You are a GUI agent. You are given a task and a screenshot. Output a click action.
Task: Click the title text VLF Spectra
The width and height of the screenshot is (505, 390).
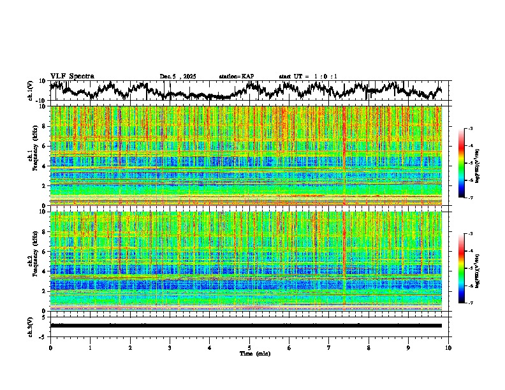(x=72, y=76)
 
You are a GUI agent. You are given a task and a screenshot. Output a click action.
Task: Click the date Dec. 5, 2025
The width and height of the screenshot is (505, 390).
(x=178, y=76)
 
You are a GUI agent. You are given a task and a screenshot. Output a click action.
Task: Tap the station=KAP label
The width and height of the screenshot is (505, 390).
(x=237, y=76)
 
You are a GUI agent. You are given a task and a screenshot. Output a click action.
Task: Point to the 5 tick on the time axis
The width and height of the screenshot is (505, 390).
(x=249, y=348)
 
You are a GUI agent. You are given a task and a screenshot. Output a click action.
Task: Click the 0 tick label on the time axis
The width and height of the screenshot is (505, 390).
(x=50, y=348)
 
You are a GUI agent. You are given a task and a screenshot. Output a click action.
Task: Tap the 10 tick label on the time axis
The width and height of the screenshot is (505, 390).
(x=448, y=348)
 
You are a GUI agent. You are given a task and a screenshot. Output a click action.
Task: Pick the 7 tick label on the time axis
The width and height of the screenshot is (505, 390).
(x=329, y=348)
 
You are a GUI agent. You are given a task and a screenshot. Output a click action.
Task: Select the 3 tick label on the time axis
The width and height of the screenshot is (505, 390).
(x=170, y=348)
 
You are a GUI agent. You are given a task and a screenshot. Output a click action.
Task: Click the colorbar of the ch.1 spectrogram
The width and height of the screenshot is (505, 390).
(x=467, y=164)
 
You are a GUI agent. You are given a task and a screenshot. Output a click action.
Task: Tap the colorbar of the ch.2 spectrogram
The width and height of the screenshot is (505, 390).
(x=467, y=268)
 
